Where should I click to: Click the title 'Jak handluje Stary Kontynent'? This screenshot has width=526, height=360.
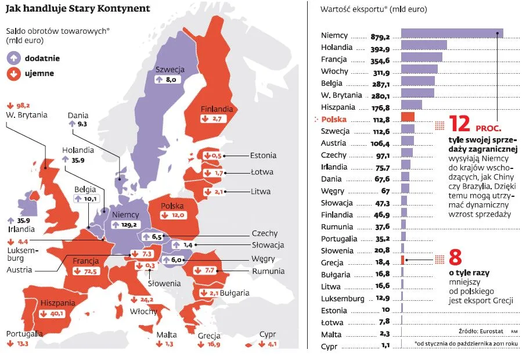[78, 9]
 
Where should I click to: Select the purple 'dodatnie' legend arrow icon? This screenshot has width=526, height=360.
[13, 58]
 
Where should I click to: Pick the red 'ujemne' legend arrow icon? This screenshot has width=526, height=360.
[13, 74]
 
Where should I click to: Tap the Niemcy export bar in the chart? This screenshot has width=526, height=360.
[452, 34]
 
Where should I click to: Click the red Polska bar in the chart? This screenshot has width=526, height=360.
[408, 117]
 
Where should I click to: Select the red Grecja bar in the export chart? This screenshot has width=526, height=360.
[403, 260]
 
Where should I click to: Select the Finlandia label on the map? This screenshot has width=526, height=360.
[217, 109]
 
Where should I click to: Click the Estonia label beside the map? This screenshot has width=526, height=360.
[263, 156]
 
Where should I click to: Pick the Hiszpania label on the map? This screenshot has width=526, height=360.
[58, 303]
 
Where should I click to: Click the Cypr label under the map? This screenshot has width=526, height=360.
[268, 334]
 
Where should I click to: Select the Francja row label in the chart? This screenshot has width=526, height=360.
[334, 59]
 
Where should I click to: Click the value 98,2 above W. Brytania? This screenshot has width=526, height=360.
[22, 105]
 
